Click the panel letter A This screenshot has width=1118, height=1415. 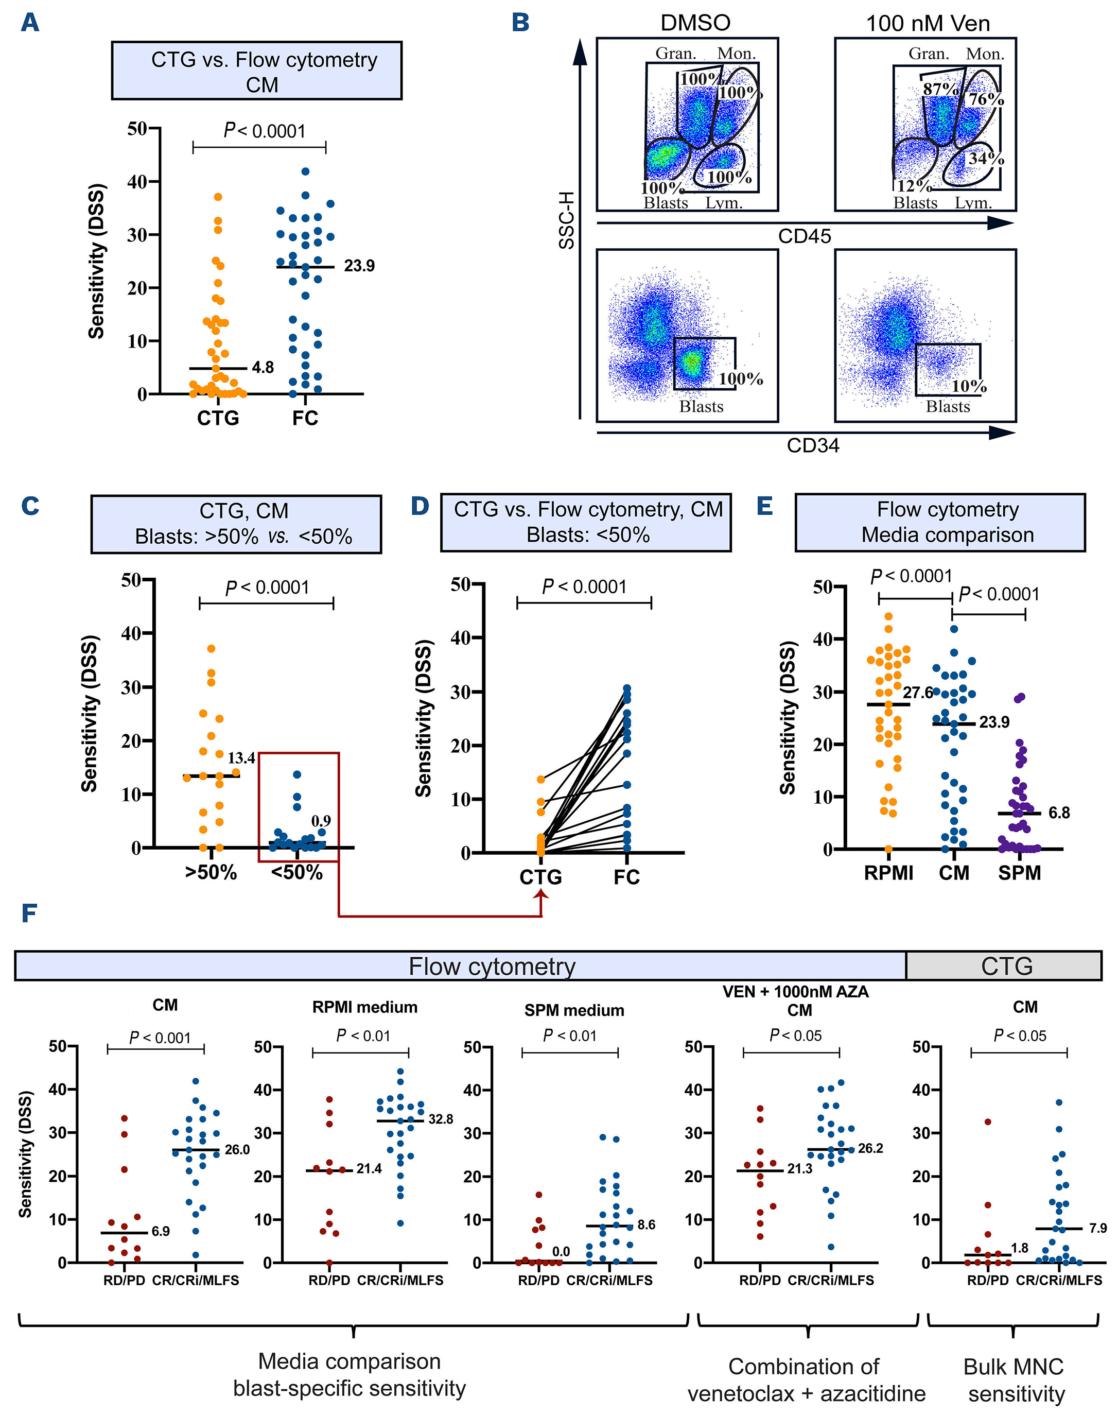click(x=30, y=23)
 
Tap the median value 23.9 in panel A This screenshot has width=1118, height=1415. click(x=359, y=266)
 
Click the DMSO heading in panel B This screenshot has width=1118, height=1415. click(x=695, y=23)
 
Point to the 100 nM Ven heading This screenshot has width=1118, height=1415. click(x=928, y=24)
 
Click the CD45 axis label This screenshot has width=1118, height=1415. click(x=805, y=236)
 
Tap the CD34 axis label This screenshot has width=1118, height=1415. click(x=812, y=446)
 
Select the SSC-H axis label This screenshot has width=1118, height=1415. click(x=566, y=220)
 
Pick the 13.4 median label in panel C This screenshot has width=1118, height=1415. click(x=241, y=758)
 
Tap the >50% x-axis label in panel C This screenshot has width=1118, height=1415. click(x=211, y=873)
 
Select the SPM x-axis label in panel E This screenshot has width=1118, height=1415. click(x=1019, y=873)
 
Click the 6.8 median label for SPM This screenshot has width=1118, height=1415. click(x=1059, y=813)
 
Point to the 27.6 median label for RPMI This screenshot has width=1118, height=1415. click(x=918, y=693)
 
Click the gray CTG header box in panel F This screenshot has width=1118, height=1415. click(x=1006, y=966)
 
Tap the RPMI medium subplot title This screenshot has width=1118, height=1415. click(x=364, y=1007)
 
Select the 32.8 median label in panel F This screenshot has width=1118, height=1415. click(x=441, y=1119)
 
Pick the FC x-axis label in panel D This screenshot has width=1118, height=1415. click(x=626, y=877)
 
